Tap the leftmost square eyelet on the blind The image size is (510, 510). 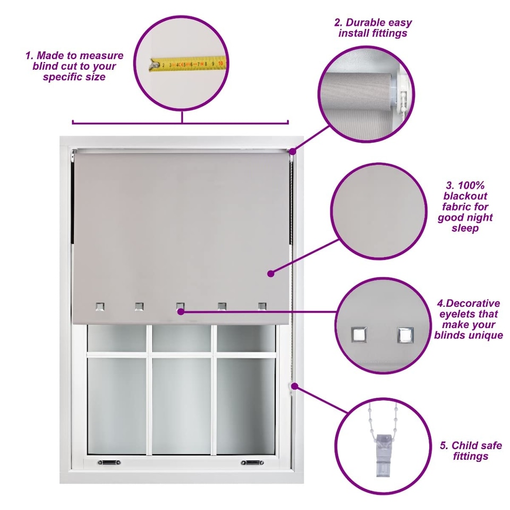pos(100,307)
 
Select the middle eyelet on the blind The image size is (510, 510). pos(180,307)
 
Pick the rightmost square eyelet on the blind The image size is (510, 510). pos(262,307)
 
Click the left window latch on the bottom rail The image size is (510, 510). pos(109,462)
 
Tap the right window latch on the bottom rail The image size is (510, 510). pos(252,462)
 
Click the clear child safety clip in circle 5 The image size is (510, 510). pos(384,455)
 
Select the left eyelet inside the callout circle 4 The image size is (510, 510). pos(359,334)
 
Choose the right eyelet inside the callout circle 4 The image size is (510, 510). pos(405,335)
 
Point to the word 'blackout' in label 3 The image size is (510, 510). pos(465,196)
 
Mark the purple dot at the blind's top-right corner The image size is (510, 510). pos(292,151)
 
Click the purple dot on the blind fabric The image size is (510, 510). pos(270,274)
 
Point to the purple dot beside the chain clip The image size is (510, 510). pos(295,386)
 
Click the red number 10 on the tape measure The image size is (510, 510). pos(220,63)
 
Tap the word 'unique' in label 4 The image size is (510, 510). pos(484,335)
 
